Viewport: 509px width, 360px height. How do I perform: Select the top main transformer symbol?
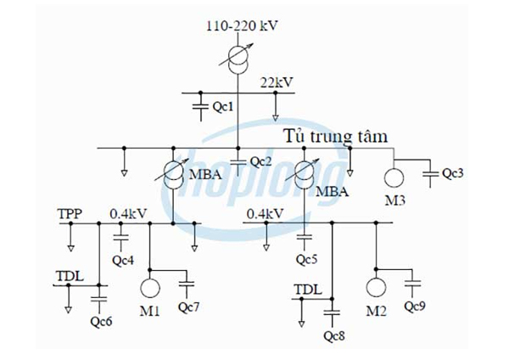click(241, 58)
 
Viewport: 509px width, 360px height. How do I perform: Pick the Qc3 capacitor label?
click(453, 174)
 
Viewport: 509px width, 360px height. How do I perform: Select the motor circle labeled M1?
click(150, 286)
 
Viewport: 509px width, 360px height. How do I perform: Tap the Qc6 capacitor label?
click(101, 320)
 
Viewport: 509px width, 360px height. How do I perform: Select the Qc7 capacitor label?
click(187, 304)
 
